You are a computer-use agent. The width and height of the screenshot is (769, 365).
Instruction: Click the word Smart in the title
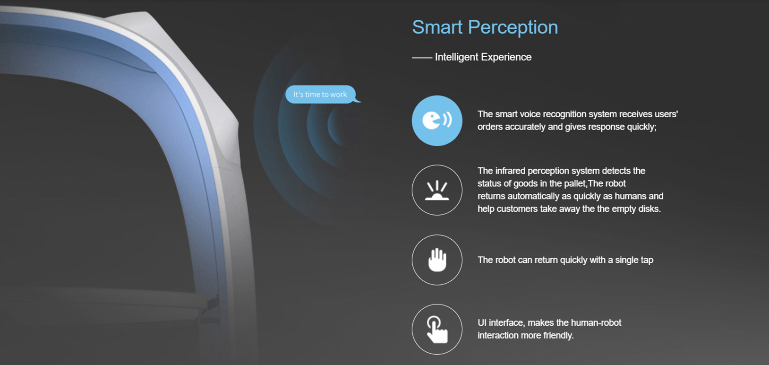click(437, 27)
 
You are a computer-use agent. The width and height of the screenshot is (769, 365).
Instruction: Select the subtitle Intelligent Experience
click(483, 57)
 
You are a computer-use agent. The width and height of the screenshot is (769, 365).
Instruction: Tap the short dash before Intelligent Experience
click(422, 58)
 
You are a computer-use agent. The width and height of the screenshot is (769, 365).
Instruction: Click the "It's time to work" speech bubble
click(321, 95)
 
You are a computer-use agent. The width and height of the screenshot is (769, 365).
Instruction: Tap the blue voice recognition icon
click(437, 121)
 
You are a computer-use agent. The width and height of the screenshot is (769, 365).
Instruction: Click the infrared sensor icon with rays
click(437, 190)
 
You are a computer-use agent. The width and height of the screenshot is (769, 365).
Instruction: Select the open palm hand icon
click(437, 260)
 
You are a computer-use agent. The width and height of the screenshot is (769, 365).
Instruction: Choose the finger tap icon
click(437, 329)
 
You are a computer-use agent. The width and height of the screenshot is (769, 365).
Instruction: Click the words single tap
click(634, 260)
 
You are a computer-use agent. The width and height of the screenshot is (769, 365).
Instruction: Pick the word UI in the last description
click(482, 323)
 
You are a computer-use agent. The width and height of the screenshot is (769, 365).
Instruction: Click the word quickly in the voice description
click(641, 127)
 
